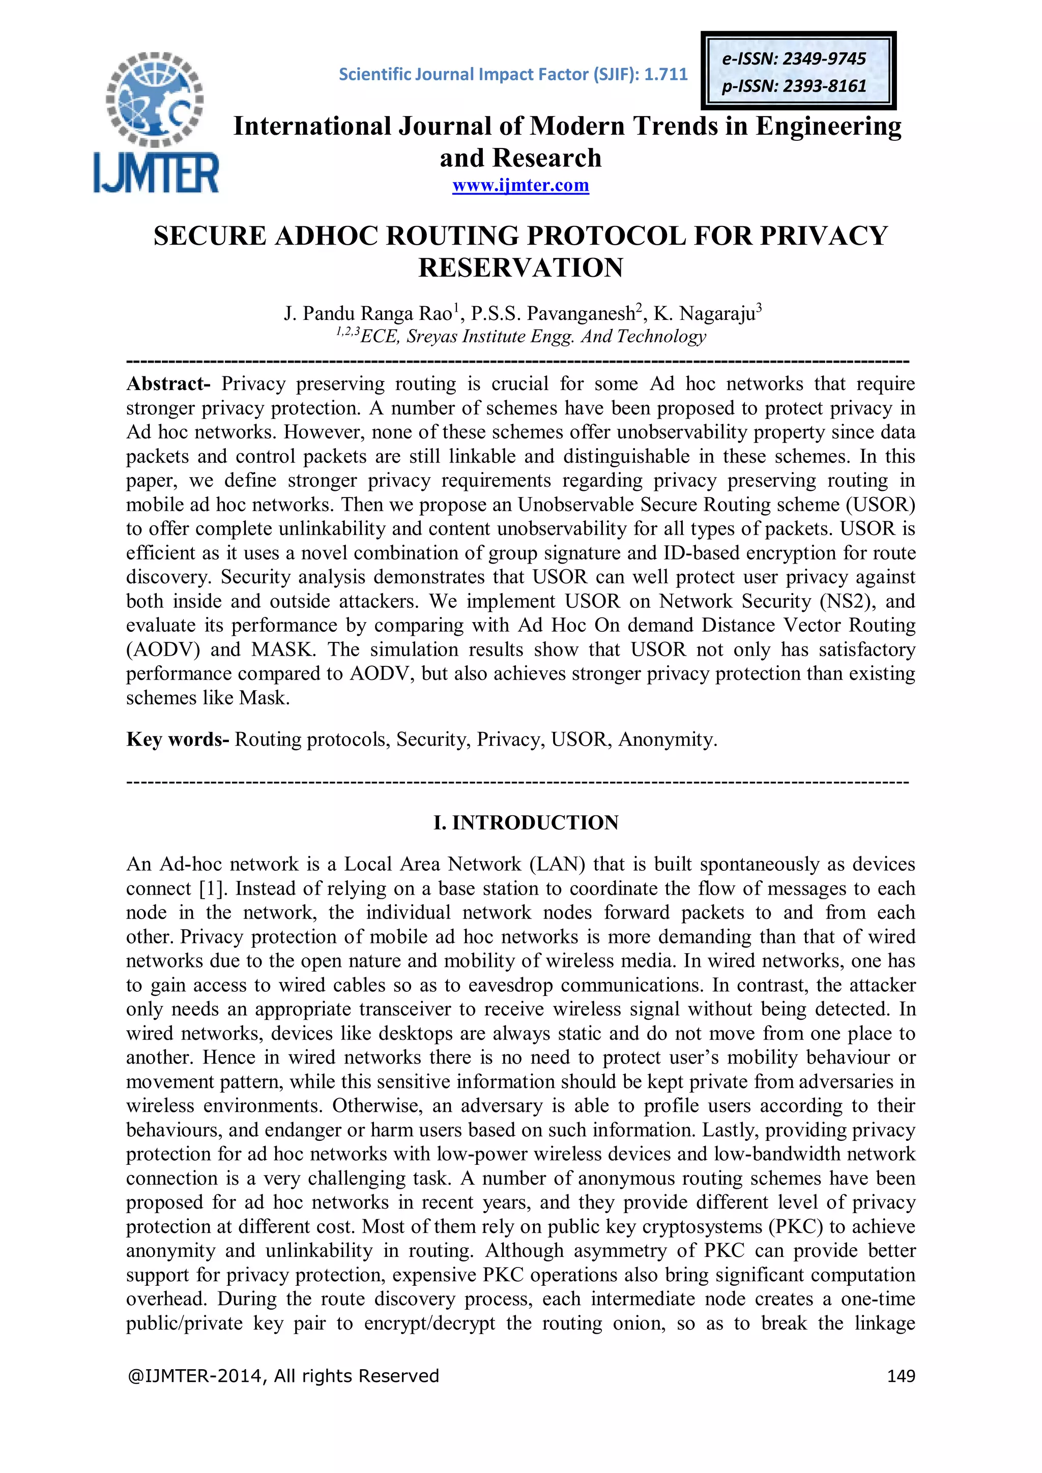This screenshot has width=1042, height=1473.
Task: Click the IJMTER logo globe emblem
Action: tap(155, 100)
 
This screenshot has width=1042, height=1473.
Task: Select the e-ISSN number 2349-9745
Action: tap(824, 59)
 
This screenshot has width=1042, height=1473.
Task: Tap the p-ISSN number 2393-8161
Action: tap(824, 86)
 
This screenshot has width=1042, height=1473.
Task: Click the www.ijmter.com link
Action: tap(520, 186)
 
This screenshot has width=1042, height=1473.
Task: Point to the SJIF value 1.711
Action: tap(666, 74)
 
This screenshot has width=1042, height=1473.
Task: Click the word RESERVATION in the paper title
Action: tap(520, 268)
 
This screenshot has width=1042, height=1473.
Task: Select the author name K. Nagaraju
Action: tap(705, 314)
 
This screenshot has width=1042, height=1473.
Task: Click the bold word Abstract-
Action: tap(168, 384)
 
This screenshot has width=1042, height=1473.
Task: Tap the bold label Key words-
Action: tap(177, 739)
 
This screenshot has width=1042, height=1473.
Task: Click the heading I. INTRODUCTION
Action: tap(526, 822)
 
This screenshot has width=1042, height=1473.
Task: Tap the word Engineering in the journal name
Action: tap(828, 126)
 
